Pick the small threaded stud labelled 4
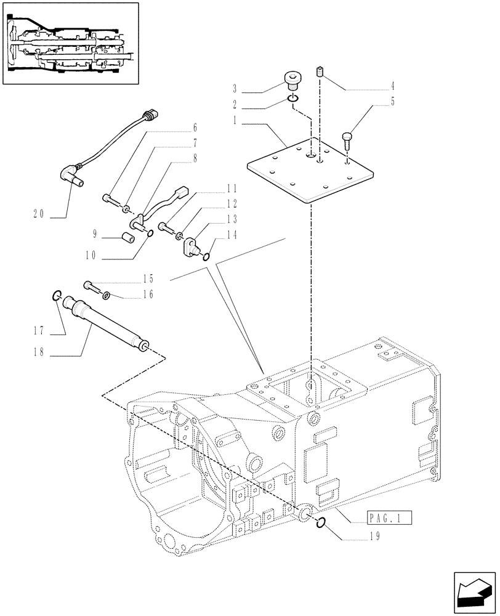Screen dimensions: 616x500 click(321, 73)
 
